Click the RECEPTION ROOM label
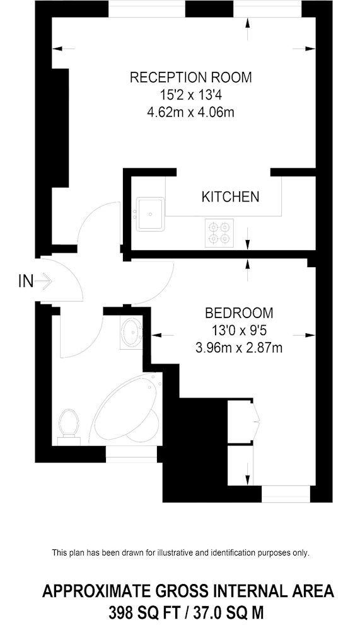190,77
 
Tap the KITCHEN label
230,197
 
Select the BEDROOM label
238,312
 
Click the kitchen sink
150,214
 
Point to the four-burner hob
219,233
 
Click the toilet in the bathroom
69,427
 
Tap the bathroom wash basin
131,333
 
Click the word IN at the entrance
26,282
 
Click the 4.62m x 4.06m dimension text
191,113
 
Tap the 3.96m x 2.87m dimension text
239,348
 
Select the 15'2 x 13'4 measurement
191,95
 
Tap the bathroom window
132,454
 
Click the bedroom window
286,494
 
